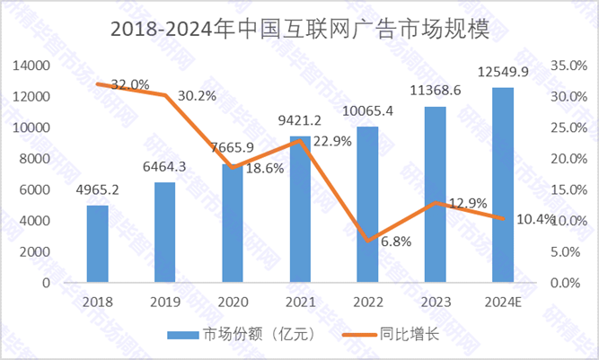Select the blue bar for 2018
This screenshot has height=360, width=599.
(97, 243)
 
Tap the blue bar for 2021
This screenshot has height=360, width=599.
(300, 209)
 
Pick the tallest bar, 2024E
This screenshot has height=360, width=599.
(502, 185)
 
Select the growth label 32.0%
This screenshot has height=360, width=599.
(128, 84)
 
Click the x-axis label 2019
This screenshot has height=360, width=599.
(165, 301)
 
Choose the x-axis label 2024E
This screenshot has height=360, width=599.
(502, 301)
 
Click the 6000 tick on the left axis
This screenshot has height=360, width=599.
(34, 189)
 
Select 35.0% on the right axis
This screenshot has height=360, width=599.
(568, 66)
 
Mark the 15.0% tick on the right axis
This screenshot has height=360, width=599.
(568, 189)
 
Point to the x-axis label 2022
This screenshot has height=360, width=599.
(367, 301)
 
